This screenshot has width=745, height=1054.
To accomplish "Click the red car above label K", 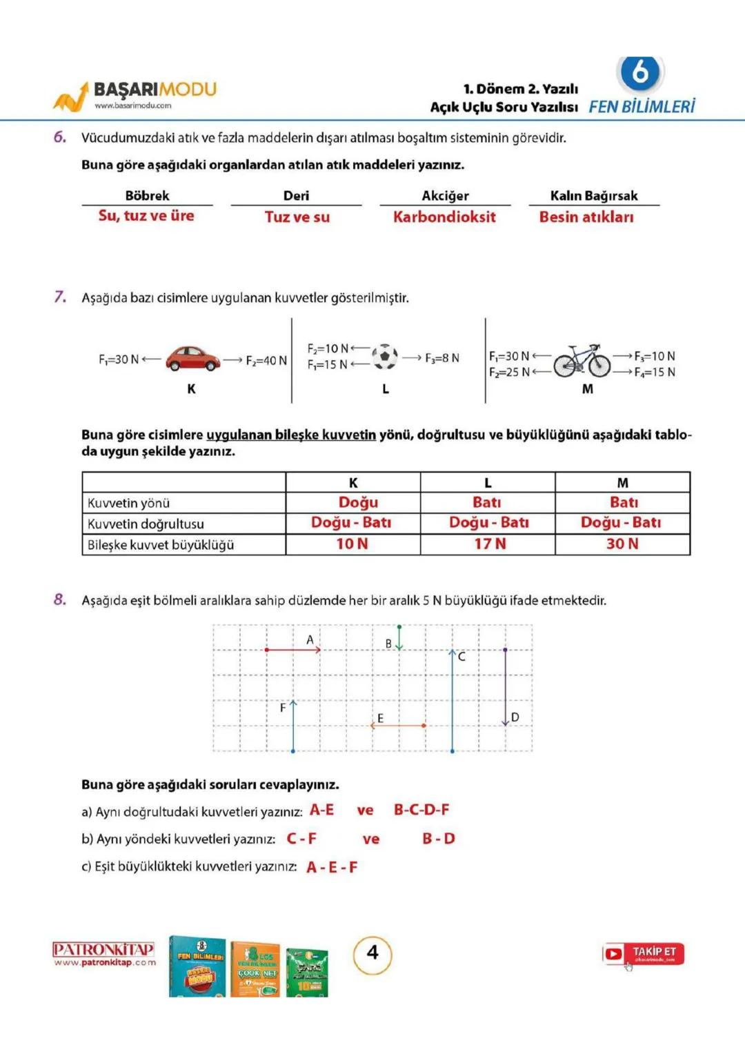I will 192,358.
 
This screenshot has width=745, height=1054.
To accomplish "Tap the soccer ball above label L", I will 385,357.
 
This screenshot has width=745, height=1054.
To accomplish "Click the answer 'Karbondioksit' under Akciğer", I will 444,217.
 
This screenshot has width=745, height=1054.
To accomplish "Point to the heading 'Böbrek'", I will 147,195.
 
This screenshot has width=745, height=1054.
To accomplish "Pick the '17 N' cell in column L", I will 489,544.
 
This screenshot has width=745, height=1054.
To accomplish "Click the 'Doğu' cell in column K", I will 357,502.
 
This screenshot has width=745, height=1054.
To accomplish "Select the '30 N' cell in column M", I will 622,544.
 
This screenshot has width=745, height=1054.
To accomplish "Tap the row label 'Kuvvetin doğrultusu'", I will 146,524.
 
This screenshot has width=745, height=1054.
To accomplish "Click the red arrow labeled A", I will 293,649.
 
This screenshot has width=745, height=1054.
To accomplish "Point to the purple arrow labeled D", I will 505,686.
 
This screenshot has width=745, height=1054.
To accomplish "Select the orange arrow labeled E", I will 398,725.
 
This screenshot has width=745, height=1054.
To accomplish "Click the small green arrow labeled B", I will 399,637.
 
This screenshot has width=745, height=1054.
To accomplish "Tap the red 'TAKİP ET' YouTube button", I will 643,954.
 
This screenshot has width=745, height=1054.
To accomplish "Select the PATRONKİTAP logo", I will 103,953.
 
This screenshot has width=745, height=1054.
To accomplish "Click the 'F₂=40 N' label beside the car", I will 266,360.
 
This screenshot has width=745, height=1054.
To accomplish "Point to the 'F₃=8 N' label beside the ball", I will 441,357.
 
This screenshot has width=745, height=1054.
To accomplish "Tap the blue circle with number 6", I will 639,72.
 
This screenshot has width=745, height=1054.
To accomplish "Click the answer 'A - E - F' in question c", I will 332,867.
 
